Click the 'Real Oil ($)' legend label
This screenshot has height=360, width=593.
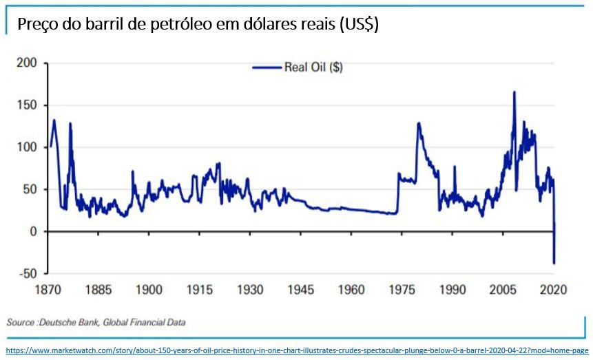click(x=314, y=67)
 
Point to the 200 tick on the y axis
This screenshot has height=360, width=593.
click(x=28, y=63)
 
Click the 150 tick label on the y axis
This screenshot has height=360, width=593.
click(x=28, y=105)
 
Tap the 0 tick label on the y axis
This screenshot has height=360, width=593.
click(x=33, y=231)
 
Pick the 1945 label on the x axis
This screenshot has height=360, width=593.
click(x=300, y=290)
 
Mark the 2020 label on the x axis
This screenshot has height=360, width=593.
click(x=553, y=290)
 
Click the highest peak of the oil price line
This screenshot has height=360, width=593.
click(x=514, y=92)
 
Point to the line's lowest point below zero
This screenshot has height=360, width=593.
click(x=554, y=262)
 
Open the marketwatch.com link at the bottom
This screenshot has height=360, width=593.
click(x=296, y=351)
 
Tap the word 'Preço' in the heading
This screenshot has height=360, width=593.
click(x=34, y=25)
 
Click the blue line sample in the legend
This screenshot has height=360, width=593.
click(x=266, y=67)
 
